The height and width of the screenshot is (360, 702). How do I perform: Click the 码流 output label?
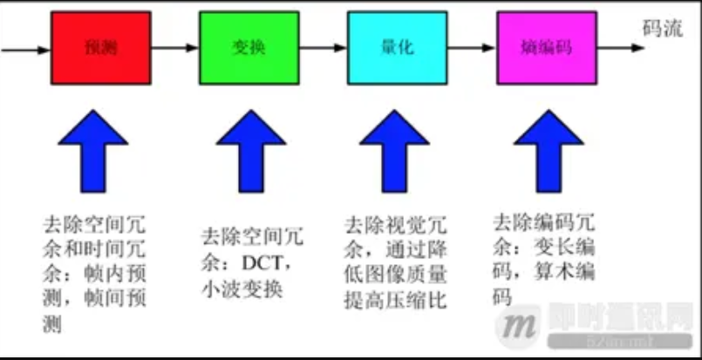click(662, 28)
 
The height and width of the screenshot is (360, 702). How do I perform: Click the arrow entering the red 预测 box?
click(26, 49)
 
